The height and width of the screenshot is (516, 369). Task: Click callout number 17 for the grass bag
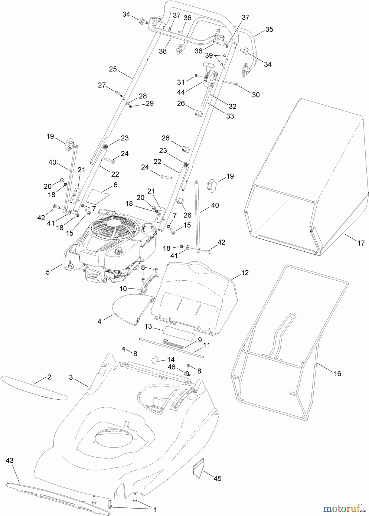point(361,243)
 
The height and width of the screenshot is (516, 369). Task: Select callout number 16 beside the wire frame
point(338,374)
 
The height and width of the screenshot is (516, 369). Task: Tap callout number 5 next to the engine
point(48,272)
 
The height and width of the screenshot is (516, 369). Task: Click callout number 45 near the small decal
point(218,478)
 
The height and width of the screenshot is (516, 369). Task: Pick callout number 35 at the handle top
point(269,29)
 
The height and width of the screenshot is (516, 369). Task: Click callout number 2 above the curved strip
point(49,377)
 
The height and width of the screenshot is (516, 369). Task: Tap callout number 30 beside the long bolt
point(256,95)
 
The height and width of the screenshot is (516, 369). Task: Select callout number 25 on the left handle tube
point(113,69)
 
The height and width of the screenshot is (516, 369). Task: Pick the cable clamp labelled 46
point(187,373)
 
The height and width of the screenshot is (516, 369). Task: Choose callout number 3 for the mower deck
point(71,377)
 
